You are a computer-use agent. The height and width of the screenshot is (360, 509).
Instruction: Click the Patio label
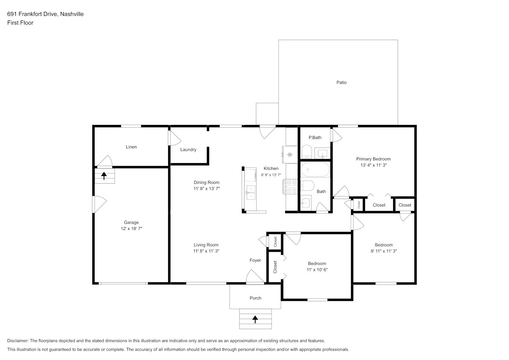[x=341, y=82]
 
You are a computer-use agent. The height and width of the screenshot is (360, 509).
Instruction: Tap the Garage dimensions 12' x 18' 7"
[x=131, y=229]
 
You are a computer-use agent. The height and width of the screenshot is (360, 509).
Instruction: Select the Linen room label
[x=131, y=147]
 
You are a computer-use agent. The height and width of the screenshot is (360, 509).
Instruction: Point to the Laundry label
[x=188, y=149]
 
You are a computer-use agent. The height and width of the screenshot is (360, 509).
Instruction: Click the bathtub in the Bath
[x=315, y=169]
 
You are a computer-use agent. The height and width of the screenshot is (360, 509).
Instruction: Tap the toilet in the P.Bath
[x=307, y=152]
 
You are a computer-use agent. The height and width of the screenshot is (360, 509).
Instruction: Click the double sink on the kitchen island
[x=251, y=192]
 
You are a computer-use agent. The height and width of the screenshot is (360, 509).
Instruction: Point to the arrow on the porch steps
[x=255, y=319]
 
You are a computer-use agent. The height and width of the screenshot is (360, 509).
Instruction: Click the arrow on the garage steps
[x=104, y=176]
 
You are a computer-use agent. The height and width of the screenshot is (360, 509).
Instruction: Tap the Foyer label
[x=255, y=260]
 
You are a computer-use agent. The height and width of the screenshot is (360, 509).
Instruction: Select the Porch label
[x=256, y=298]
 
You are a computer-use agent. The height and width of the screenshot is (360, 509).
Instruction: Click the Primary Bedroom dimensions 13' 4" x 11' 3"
[x=374, y=165]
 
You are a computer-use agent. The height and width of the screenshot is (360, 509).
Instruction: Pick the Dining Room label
[x=207, y=182]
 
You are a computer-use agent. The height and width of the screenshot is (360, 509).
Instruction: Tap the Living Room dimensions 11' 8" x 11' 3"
[x=206, y=251]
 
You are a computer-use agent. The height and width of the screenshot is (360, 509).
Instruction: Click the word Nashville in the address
[x=72, y=14]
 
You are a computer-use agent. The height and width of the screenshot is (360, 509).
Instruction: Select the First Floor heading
[x=20, y=23]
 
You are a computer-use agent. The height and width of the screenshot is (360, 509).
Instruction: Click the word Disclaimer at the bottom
[x=18, y=341]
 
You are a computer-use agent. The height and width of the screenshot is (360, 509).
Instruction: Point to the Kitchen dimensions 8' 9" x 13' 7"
[x=271, y=175]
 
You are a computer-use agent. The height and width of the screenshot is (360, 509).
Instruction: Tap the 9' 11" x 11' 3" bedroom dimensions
[x=384, y=251]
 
